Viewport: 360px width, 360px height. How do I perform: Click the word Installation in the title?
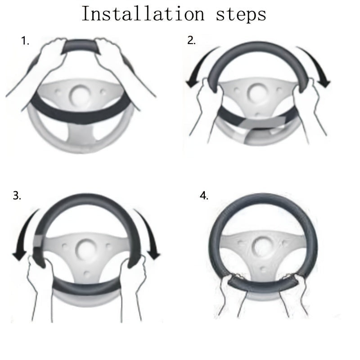143,14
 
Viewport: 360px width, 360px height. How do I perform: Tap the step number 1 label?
25,41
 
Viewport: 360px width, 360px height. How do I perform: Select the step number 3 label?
17,196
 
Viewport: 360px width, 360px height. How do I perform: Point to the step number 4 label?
204,196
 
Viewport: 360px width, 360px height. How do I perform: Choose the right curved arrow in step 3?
149,232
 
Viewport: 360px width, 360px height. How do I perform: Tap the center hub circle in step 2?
257,93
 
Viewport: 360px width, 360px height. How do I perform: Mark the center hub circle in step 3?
86,249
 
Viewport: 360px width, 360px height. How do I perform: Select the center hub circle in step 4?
262,247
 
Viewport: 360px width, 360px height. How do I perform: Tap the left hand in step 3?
40,283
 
